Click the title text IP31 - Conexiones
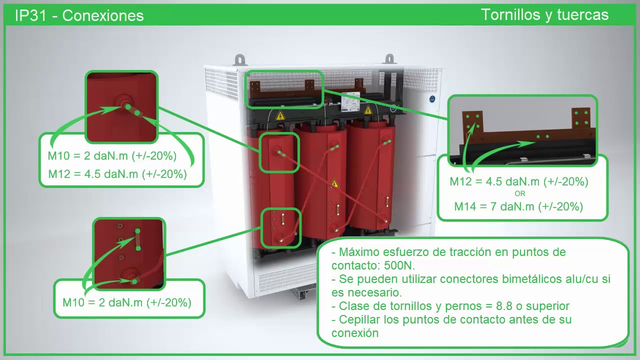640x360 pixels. pyautogui.click(x=79, y=15)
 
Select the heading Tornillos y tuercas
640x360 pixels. pyautogui.click(x=544, y=15)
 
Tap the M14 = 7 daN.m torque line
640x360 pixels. pyautogui.click(x=518, y=206)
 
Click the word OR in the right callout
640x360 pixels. pyautogui.click(x=520, y=193)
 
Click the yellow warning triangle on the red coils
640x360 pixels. pyautogui.click(x=334, y=184)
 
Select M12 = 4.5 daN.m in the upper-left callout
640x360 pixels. pyautogui.click(x=117, y=174)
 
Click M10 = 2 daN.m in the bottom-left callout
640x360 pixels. pyautogui.click(x=126, y=302)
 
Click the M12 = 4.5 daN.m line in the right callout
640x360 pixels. pyautogui.click(x=518, y=181)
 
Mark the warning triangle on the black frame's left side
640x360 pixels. pyautogui.click(x=280, y=116)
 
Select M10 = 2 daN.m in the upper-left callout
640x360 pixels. pyautogui.click(x=112, y=156)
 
